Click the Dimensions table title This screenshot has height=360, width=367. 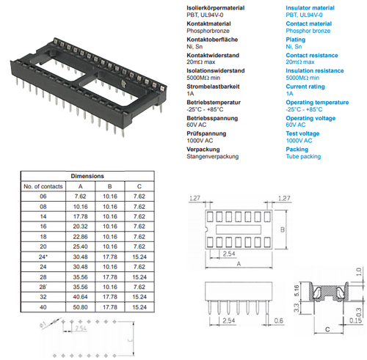[87, 177]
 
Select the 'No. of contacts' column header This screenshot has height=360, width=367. [43, 187]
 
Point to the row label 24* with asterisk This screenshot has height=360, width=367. [43, 257]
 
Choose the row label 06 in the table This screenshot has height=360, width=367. [43, 196]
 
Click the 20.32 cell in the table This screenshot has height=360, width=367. [79, 227]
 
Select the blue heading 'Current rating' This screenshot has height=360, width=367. [305, 87]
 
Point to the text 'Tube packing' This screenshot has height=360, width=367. [302, 156]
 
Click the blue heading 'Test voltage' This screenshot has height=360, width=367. [302, 133]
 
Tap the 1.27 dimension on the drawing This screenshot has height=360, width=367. [195, 198]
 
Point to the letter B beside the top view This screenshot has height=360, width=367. [281, 233]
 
